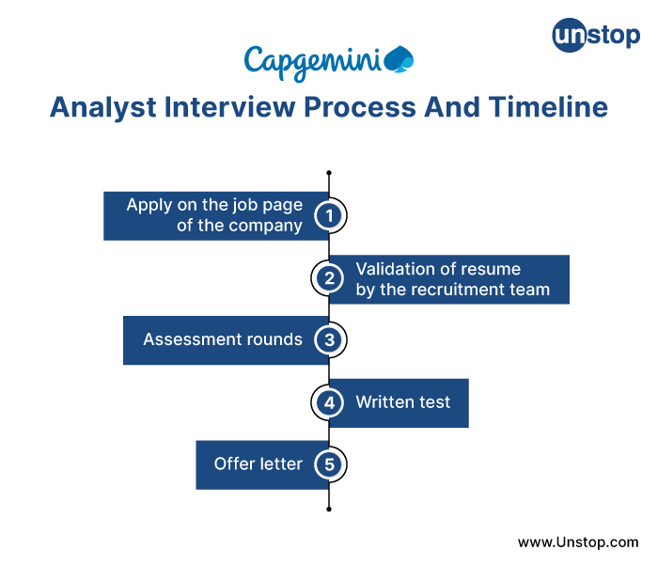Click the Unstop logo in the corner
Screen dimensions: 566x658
(595, 37)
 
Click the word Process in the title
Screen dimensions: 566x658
(359, 107)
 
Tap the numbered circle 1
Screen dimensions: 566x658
(329, 215)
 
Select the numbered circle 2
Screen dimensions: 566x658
(329, 277)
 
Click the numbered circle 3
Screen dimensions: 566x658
(329, 339)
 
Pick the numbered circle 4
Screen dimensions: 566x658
(329, 402)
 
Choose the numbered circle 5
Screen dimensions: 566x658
(329, 464)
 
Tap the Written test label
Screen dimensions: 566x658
(402, 402)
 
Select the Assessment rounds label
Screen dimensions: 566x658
(223, 339)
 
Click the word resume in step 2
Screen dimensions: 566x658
(490, 269)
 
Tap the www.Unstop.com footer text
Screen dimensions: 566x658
(578, 542)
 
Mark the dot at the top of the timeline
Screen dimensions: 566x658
(329, 173)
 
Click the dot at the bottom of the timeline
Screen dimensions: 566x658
(329, 509)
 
